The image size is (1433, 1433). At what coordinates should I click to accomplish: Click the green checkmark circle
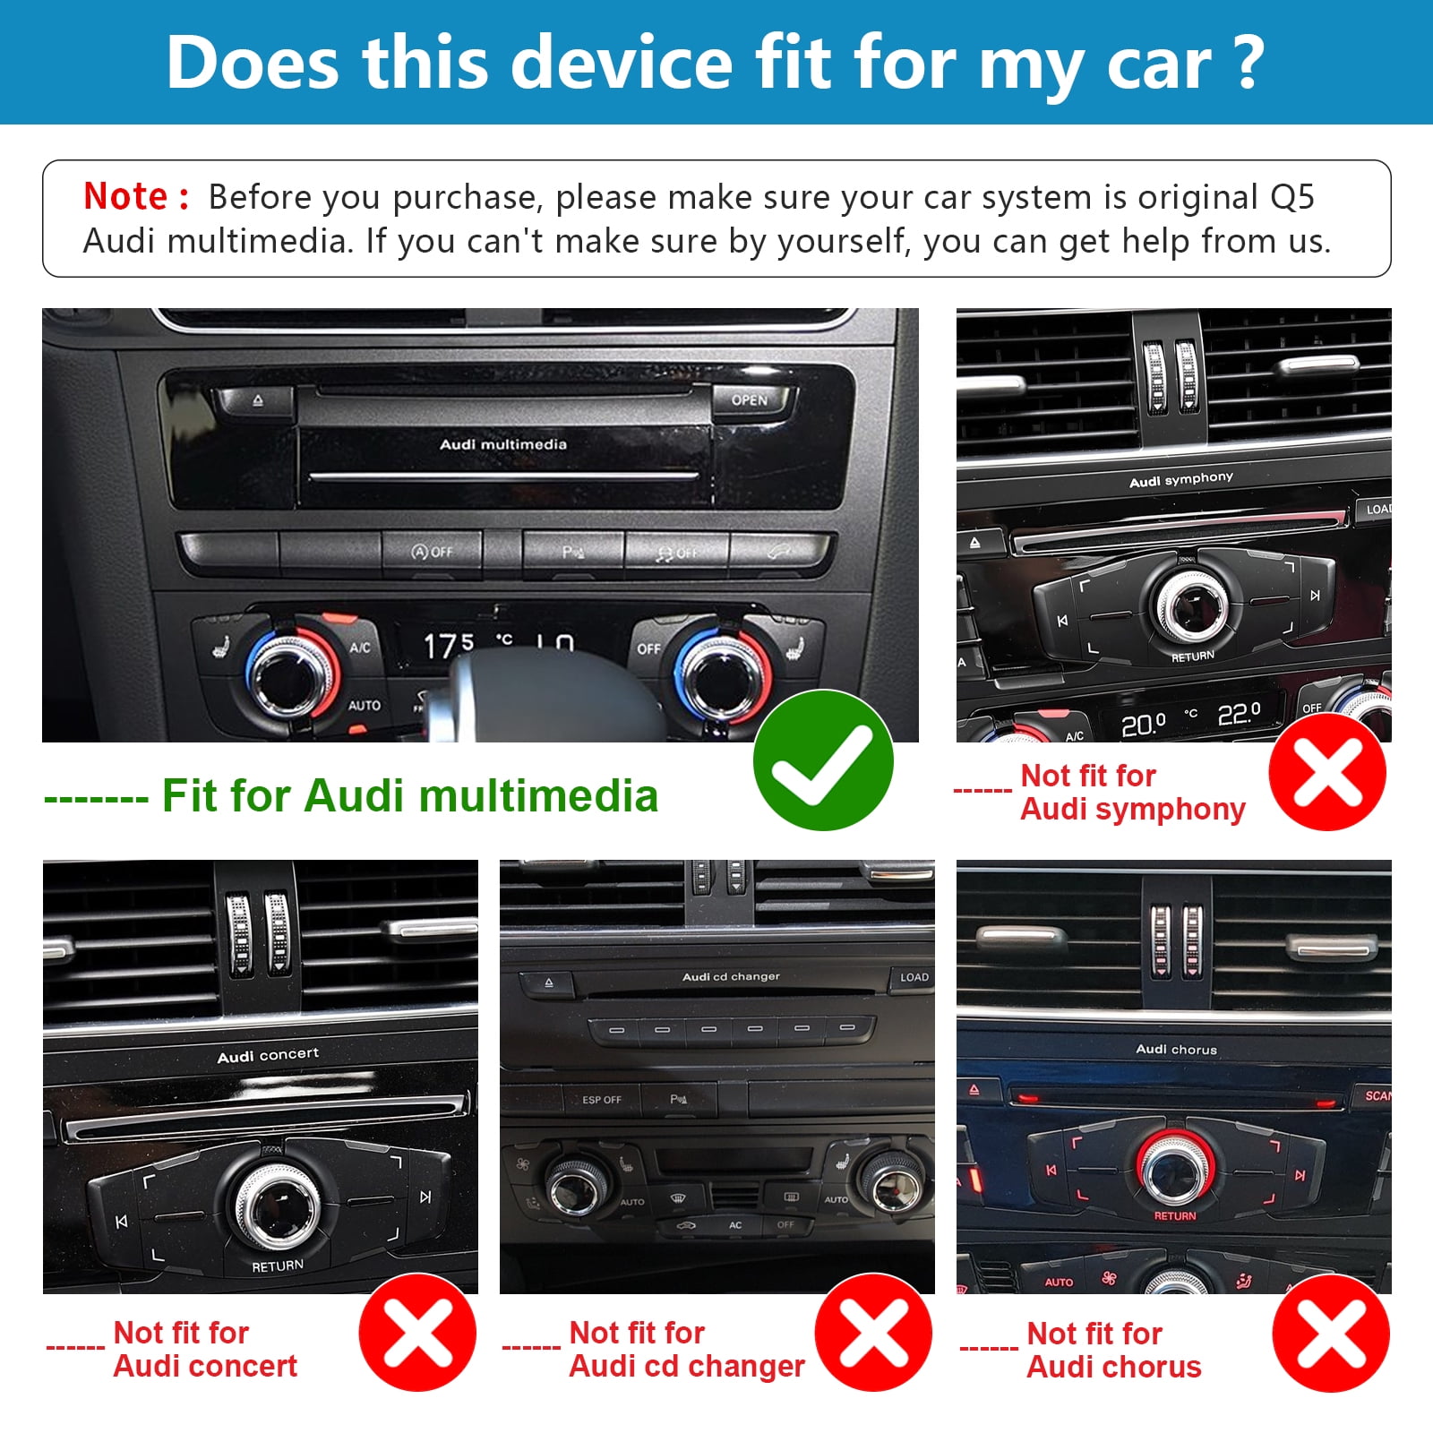point(823,760)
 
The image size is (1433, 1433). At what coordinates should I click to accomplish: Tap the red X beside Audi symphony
point(1327,772)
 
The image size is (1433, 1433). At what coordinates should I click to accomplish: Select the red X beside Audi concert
point(417,1332)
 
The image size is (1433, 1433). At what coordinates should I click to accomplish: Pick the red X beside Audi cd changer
point(873,1332)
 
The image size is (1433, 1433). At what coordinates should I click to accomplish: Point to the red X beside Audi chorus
point(1331,1334)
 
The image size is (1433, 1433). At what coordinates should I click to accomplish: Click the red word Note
point(125,197)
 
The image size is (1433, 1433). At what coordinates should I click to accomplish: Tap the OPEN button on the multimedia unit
point(750,400)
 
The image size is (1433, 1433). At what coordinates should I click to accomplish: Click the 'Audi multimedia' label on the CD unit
point(502,444)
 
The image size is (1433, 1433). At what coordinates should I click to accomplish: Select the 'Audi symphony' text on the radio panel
point(1180,480)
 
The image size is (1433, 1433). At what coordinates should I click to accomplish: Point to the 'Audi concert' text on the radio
point(268,1055)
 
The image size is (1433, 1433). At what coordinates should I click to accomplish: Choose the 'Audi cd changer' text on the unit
point(731,976)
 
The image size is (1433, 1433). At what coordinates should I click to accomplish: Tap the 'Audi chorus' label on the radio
point(1176,1049)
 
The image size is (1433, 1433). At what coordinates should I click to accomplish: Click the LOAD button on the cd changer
point(914,977)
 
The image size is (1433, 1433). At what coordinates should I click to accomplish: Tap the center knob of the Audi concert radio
point(277,1206)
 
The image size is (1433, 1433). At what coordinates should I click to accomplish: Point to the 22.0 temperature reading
point(1239,714)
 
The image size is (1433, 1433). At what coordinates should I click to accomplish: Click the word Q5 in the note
point(1291,197)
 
